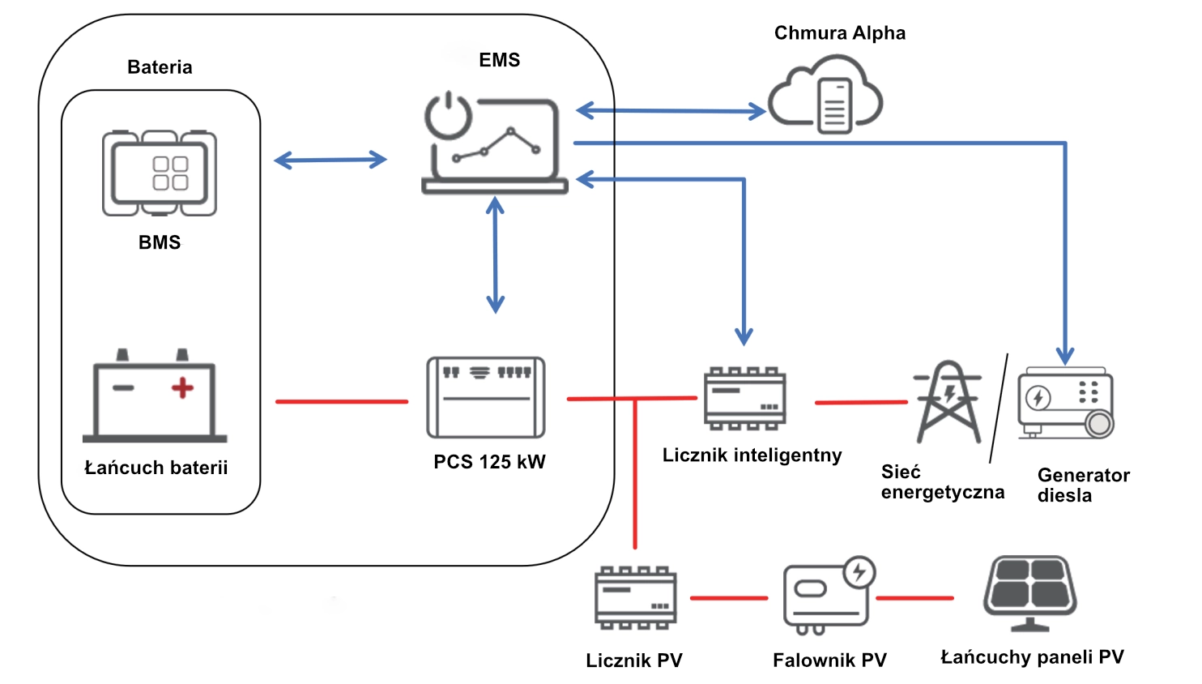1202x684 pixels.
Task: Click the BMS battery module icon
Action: (160, 173)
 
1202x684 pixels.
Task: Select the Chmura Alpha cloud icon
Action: (825, 92)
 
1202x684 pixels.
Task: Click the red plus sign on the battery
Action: (182, 388)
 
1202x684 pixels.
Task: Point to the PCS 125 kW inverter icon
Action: (486, 397)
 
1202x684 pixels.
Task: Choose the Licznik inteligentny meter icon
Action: (745, 398)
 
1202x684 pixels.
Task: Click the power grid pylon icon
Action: (948, 402)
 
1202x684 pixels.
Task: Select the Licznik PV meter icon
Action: (636, 598)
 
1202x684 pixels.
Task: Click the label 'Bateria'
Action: (160, 67)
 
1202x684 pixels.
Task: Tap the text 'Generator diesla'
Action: (1083, 485)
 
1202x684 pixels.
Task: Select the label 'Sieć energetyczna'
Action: (942, 482)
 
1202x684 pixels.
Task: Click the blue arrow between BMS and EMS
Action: (330, 160)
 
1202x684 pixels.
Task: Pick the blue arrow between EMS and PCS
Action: (495, 255)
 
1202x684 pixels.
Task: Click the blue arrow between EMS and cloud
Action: (671, 111)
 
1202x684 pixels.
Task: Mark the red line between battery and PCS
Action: (341, 401)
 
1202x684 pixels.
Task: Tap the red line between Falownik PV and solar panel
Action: (915, 598)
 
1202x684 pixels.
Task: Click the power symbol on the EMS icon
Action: (448, 116)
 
